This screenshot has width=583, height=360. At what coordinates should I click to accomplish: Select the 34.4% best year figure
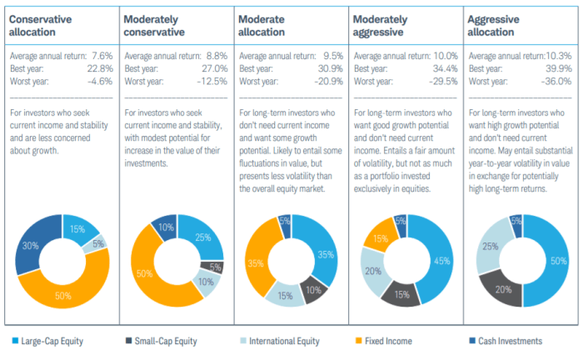click(442, 68)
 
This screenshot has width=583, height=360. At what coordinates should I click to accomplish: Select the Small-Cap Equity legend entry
click(164, 340)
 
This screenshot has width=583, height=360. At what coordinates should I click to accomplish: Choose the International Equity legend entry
click(282, 340)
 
